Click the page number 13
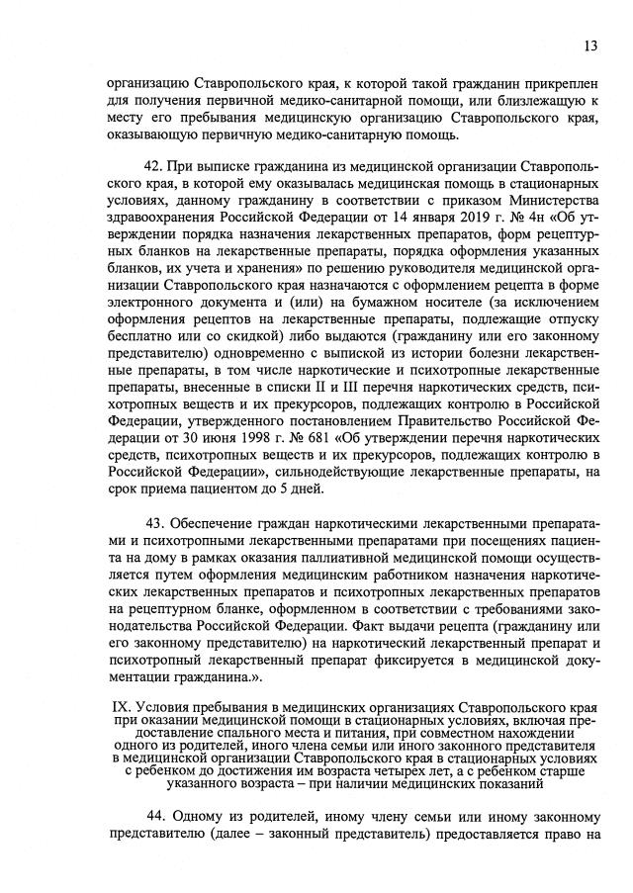[590, 45]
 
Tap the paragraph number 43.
[155, 520]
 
